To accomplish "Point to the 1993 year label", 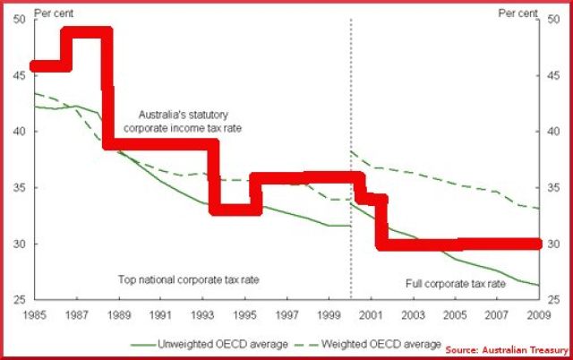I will (203, 315).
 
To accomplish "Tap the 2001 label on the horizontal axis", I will (371, 315).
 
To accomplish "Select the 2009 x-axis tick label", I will (538, 315).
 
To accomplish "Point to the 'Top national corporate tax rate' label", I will (188, 280).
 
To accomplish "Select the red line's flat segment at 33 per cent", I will (230, 210).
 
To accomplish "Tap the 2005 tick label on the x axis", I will (455, 315).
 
